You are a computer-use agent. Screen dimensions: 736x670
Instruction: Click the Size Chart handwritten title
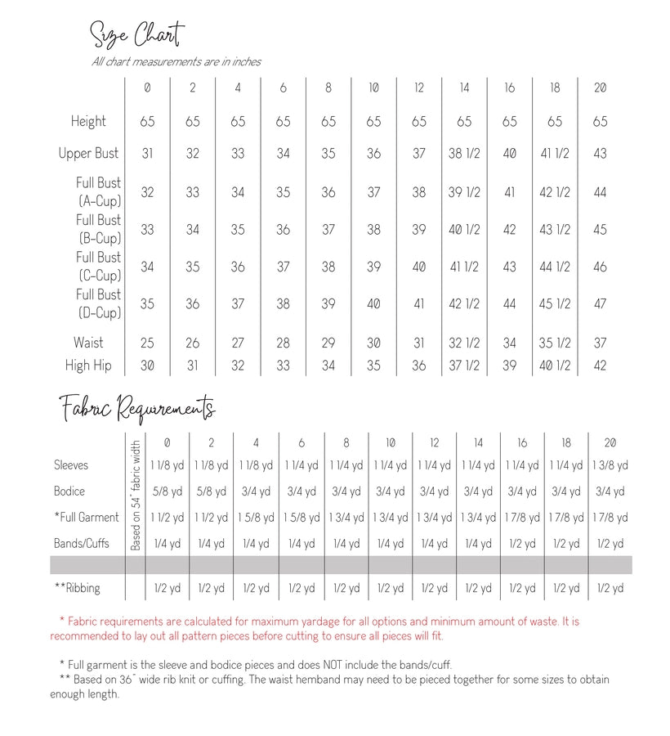tap(136, 35)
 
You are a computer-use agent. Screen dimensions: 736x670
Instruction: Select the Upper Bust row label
tap(88, 153)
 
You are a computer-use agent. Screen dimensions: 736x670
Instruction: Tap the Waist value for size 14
tap(464, 343)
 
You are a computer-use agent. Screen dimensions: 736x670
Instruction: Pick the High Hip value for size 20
tap(600, 366)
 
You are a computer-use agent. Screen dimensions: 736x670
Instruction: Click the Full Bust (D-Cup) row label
tap(98, 303)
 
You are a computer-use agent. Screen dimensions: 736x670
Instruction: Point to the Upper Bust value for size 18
tap(555, 153)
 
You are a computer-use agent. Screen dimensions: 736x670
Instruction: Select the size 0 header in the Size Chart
tap(147, 88)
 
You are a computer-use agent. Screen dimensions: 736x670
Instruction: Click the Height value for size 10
tap(373, 121)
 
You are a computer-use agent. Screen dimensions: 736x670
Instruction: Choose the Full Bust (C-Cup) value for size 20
tap(600, 267)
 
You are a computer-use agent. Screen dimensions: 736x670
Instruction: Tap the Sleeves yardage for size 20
tap(610, 465)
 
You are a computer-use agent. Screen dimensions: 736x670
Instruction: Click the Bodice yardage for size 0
tap(167, 491)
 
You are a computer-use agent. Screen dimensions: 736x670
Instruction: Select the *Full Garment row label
tap(87, 517)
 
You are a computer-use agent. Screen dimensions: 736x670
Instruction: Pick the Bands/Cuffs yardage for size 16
tap(522, 544)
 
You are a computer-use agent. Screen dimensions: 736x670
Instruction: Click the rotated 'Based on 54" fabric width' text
tap(136, 496)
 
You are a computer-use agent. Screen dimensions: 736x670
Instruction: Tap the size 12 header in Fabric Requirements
tap(434, 442)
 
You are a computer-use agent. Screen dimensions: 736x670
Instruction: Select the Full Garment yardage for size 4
tap(256, 518)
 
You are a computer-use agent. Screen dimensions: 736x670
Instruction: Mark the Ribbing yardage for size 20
tap(610, 588)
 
